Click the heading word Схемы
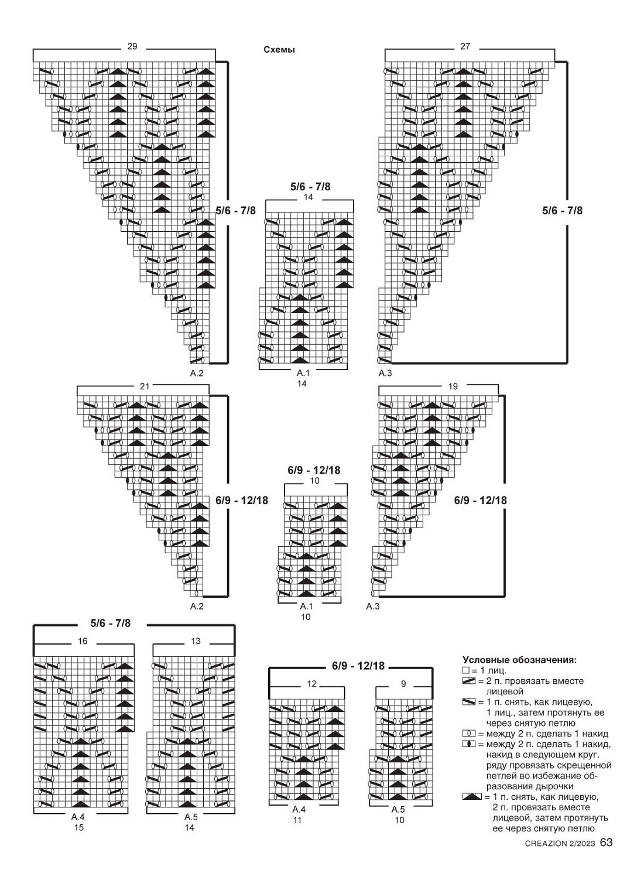click(279, 50)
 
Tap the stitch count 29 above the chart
click(132, 46)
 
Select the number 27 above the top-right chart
click(465, 46)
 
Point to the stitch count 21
click(145, 386)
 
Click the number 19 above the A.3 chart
click(453, 386)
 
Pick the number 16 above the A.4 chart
click(83, 641)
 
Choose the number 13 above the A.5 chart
click(196, 641)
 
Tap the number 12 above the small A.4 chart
click(311, 684)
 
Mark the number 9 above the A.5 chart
click(403, 684)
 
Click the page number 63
click(606, 842)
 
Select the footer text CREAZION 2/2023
click(561, 844)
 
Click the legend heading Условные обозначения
click(519, 660)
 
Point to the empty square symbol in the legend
click(465, 670)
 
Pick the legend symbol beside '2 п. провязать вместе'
click(468, 681)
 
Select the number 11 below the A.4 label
click(297, 820)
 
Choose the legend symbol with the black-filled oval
click(468, 744)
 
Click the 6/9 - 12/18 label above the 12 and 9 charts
click(358, 666)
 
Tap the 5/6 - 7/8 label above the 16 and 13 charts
click(111, 624)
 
